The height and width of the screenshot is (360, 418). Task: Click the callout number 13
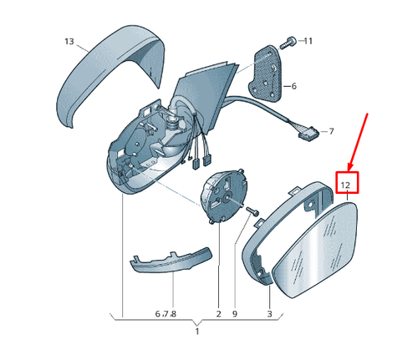click(69, 42)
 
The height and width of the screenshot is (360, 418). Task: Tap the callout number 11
click(308, 41)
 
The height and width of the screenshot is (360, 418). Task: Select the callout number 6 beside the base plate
click(294, 86)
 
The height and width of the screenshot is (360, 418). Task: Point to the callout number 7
click(331, 131)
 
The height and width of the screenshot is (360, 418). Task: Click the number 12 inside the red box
click(345, 185)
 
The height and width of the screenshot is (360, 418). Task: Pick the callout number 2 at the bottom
click(218, 314)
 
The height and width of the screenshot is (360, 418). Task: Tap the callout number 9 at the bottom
click(235, 314)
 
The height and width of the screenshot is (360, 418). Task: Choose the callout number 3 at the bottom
click(269, 314)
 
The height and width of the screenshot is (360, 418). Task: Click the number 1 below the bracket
click(197, 332)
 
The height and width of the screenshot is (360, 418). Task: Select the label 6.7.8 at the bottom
click(166, 314)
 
